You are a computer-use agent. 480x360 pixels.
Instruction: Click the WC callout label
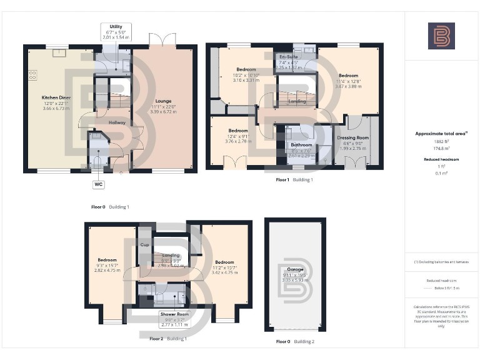tap(98, 184)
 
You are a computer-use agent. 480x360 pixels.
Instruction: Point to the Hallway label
tap(117, 122)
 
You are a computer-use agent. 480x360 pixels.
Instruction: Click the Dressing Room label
tap(352, 137)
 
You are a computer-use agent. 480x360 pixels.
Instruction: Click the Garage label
tap(296, 269)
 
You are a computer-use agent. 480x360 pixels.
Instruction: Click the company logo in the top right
tap(441, 36)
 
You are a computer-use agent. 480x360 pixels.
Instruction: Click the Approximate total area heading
tap(441, 133)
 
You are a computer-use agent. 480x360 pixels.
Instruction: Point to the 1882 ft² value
tap(441, 141)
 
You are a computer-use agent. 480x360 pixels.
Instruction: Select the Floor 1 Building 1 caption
tap(294, 179)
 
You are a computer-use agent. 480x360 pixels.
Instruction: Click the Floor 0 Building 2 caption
tap(295, 342)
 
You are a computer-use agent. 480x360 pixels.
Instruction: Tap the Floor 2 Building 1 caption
tap(168, 339)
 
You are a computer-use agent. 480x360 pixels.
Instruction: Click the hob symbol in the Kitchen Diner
tap(32, 76)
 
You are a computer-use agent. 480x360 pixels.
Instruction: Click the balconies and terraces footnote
tap(441, 262)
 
